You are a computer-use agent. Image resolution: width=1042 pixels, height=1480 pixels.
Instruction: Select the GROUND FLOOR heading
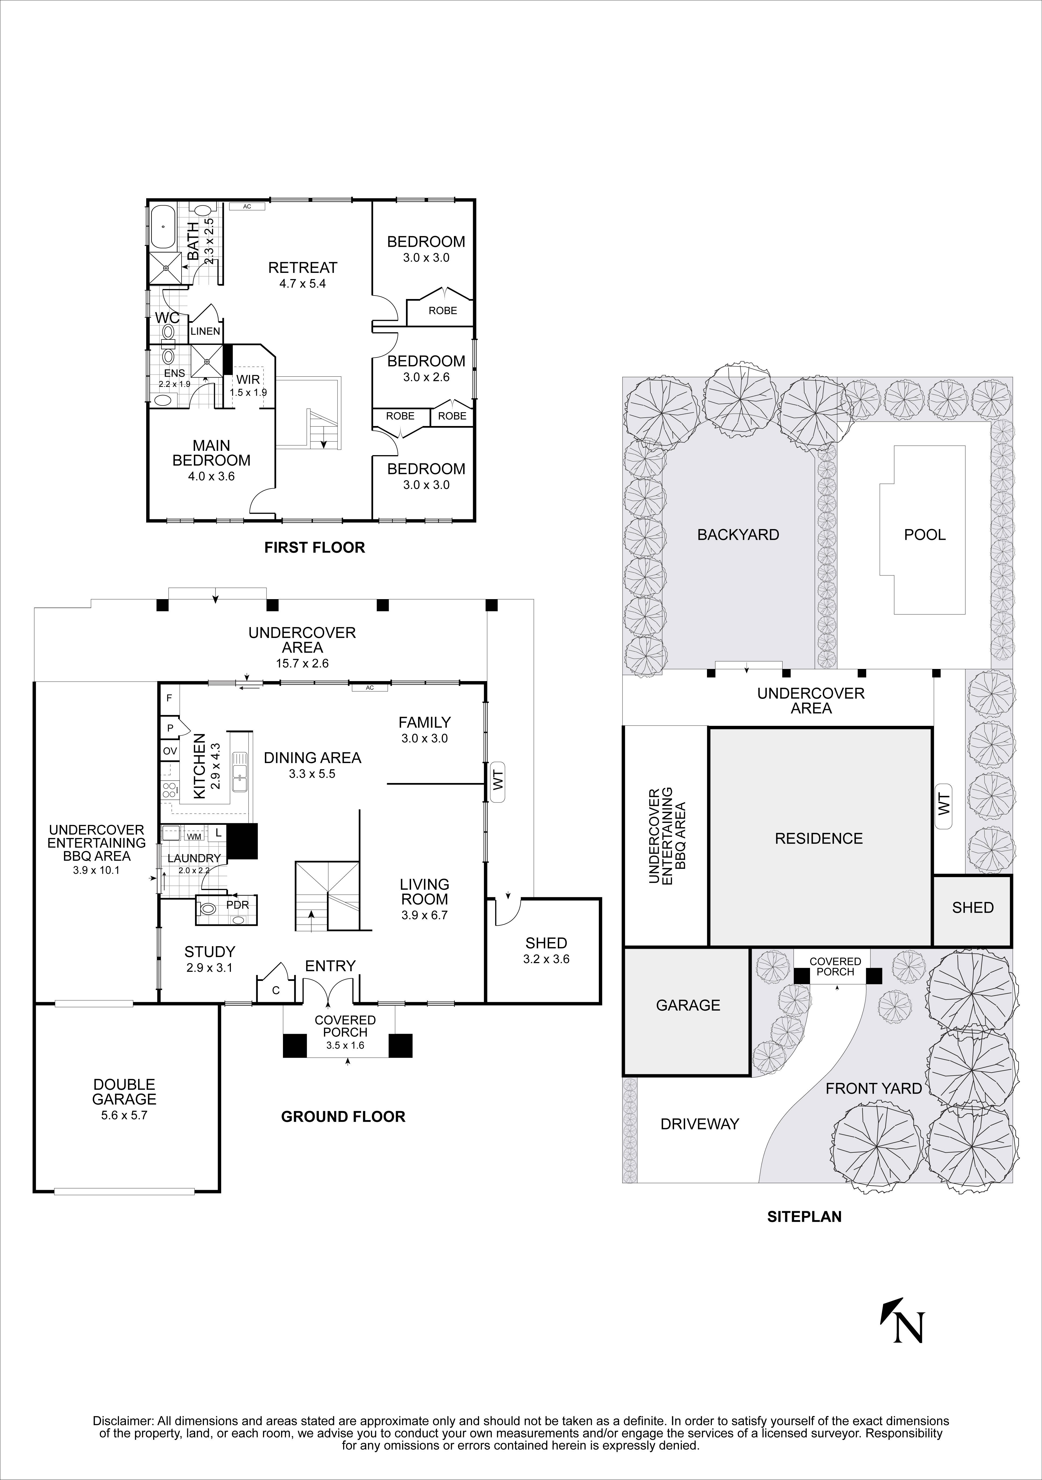pyautogui.click(x=343, y=1117)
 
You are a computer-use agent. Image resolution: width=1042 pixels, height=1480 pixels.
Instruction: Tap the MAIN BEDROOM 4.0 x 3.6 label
pyautogui.click(x=211, y=460)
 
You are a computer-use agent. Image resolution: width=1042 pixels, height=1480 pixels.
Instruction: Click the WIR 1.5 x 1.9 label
pyautogui.click(x=248, y=386)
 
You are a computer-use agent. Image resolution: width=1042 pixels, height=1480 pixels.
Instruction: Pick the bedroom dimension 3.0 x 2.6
pyautogui.click(x=426, y=377)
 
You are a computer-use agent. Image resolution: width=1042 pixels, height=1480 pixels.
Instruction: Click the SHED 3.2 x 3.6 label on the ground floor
pyautogui.click(x=546, y=950)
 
